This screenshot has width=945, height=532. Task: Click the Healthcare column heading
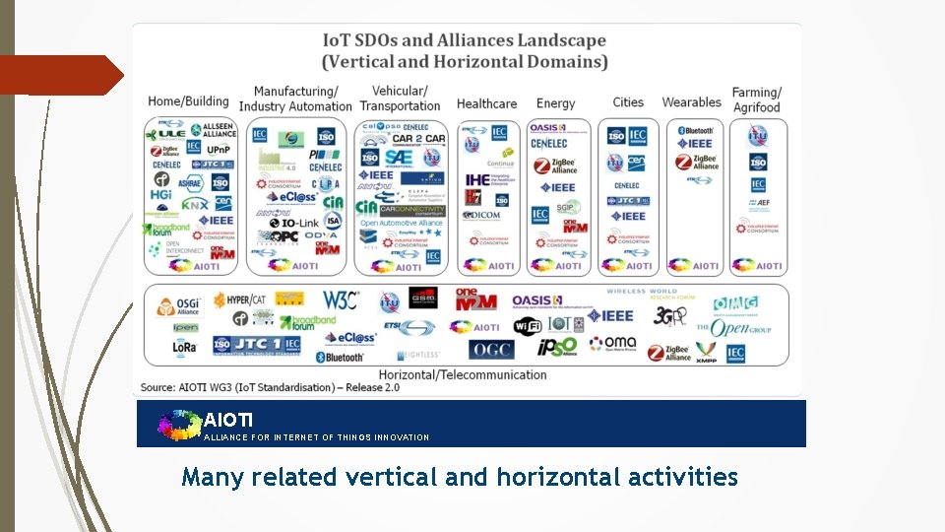coord(486,103)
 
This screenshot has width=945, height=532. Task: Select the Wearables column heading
coord(691,102)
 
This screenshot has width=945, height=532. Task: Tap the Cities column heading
coord(628,102)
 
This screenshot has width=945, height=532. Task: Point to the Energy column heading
coord(556,103)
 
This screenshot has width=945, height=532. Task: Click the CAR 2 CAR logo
coord(418,139)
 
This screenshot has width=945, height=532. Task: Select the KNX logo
coord(194,205)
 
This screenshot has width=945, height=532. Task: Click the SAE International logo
coord(399,157)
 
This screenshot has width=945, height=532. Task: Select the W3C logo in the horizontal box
coord(341,299)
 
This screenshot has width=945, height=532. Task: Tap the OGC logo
coord(491,349)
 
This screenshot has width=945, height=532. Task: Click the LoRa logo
coord(184,347)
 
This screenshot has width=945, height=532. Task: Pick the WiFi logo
coord(528,325)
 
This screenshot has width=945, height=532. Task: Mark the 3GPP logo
coord(669,315)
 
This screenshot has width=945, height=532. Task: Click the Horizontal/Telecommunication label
coord(463,374)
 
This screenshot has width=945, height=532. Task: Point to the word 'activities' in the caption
coord(687,478)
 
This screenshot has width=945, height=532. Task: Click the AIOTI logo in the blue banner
coord(179,424)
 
